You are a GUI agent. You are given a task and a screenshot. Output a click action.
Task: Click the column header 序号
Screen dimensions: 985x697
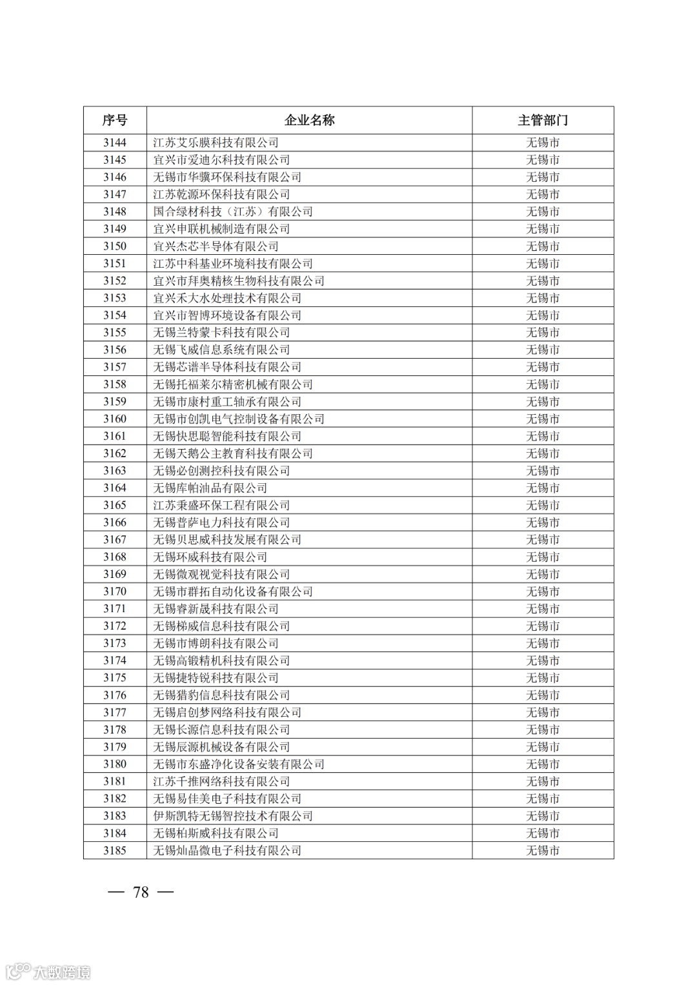tap(115, 120)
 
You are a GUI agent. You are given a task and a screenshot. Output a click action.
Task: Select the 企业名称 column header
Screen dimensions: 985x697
tap(309, 120)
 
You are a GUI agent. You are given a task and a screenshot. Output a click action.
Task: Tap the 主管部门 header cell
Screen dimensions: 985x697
tap(543, 120)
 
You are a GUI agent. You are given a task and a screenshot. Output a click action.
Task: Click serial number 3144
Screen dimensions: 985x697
tap(115, 143)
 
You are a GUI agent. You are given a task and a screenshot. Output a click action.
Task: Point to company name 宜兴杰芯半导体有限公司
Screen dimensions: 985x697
tap(216, 246)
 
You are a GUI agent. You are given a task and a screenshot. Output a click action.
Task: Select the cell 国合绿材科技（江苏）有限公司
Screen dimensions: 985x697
tap(233, 212)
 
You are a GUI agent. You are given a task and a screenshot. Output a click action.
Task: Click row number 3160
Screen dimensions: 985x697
tap(115, 419)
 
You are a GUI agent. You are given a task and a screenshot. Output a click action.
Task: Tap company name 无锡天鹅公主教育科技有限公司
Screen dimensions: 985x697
tap(233, 453)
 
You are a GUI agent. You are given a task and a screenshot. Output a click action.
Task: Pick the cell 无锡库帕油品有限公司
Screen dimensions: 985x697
tap(210, 488)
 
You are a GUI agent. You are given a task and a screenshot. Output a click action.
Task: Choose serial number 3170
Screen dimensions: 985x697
tap(115, 592)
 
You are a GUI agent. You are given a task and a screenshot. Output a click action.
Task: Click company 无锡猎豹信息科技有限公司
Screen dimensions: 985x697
tap(221, 695)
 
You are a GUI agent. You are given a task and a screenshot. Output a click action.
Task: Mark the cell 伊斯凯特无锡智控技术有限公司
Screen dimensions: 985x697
tap(233, 816)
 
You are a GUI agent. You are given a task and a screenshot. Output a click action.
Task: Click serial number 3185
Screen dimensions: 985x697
tap(115, 850)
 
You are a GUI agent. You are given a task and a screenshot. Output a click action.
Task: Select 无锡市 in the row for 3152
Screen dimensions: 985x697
tap(543, 281)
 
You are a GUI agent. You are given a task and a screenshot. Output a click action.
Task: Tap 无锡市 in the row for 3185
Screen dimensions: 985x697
tap(543, 850)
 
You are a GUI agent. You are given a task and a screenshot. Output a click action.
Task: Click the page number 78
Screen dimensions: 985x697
tap(141, 892)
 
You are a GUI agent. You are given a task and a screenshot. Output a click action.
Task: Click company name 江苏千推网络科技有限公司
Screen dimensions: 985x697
tap(221, 781)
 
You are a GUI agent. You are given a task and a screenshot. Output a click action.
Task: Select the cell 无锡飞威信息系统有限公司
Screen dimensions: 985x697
tap(221, 350)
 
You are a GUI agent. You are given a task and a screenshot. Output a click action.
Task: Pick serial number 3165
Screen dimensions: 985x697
tap(115, 505)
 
